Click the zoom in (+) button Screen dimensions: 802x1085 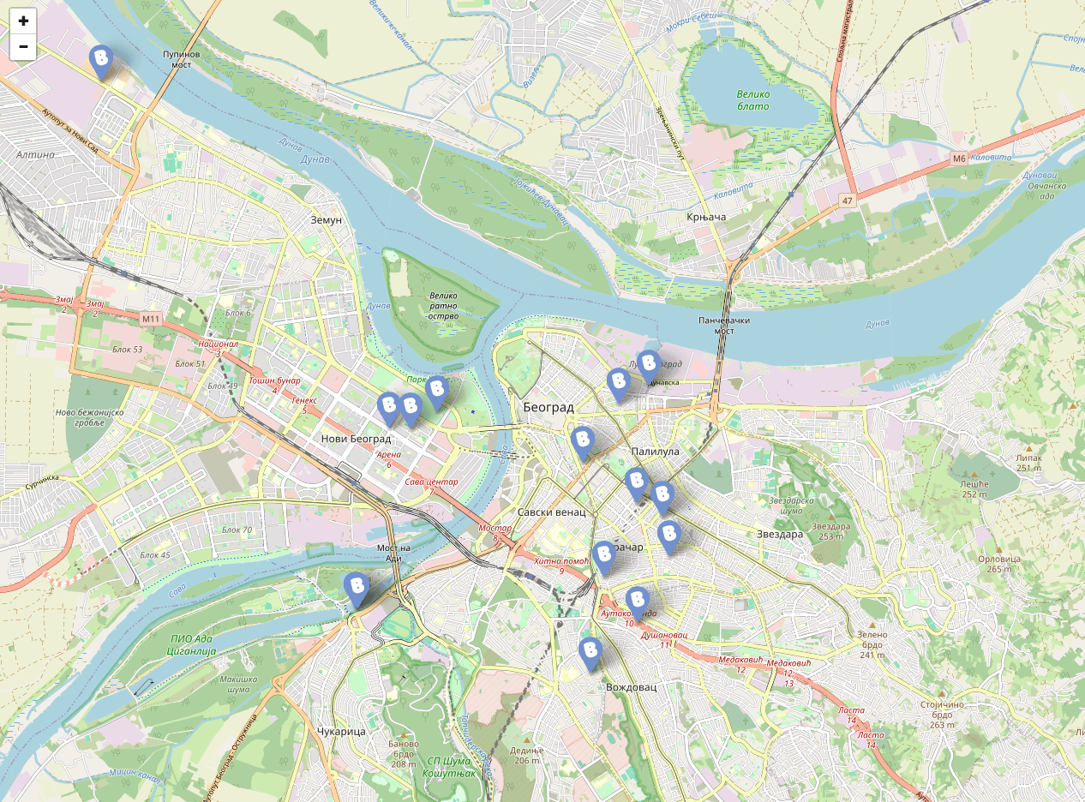[23, 21]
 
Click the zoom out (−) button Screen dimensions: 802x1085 [23, 47]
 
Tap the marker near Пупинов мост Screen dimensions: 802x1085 [102, 62]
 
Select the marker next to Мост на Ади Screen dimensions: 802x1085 [357, 589]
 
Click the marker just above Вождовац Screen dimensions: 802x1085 [590, 653]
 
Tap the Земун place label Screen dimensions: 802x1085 [326, 220]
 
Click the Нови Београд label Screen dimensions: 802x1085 [356, 439]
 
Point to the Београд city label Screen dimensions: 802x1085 [548, 407]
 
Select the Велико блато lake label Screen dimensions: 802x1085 [752, 100]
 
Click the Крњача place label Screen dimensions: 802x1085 [706, 217]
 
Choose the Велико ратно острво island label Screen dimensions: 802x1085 [444, 305]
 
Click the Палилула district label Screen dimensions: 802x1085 [655, 451]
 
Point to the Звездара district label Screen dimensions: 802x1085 [779, 534]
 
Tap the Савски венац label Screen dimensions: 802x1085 [551, 512]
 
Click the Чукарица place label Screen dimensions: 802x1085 [341, 731]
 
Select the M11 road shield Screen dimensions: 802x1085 [151, 319]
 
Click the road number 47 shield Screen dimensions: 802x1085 [847, 200]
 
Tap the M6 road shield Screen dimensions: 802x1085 [959, 159]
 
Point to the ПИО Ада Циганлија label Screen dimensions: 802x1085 [193, 644]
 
